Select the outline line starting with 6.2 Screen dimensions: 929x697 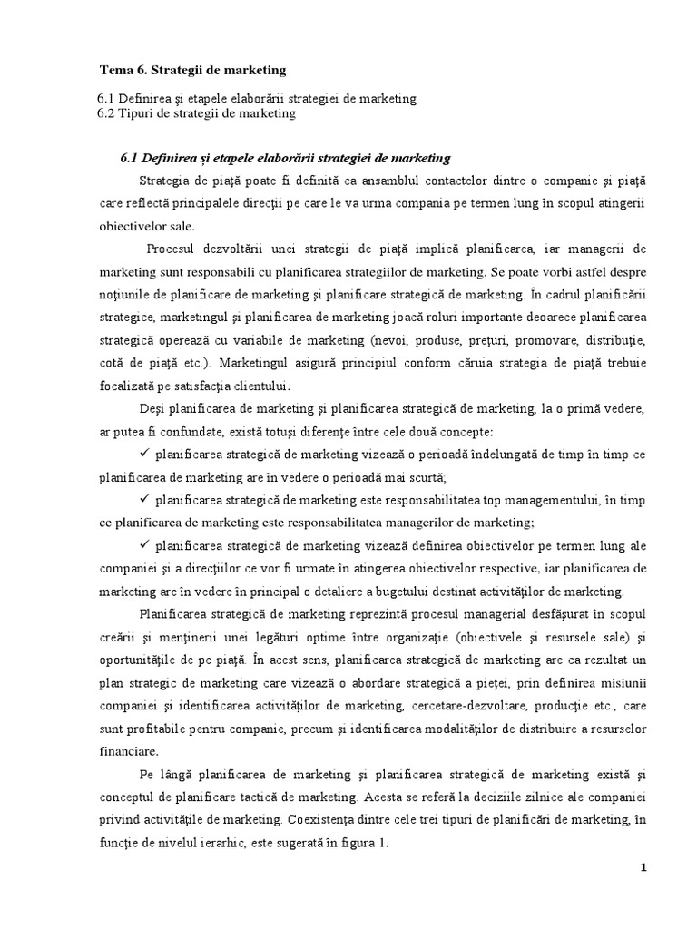tap(196, 113)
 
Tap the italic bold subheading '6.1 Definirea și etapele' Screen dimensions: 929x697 tap(285, 158)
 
